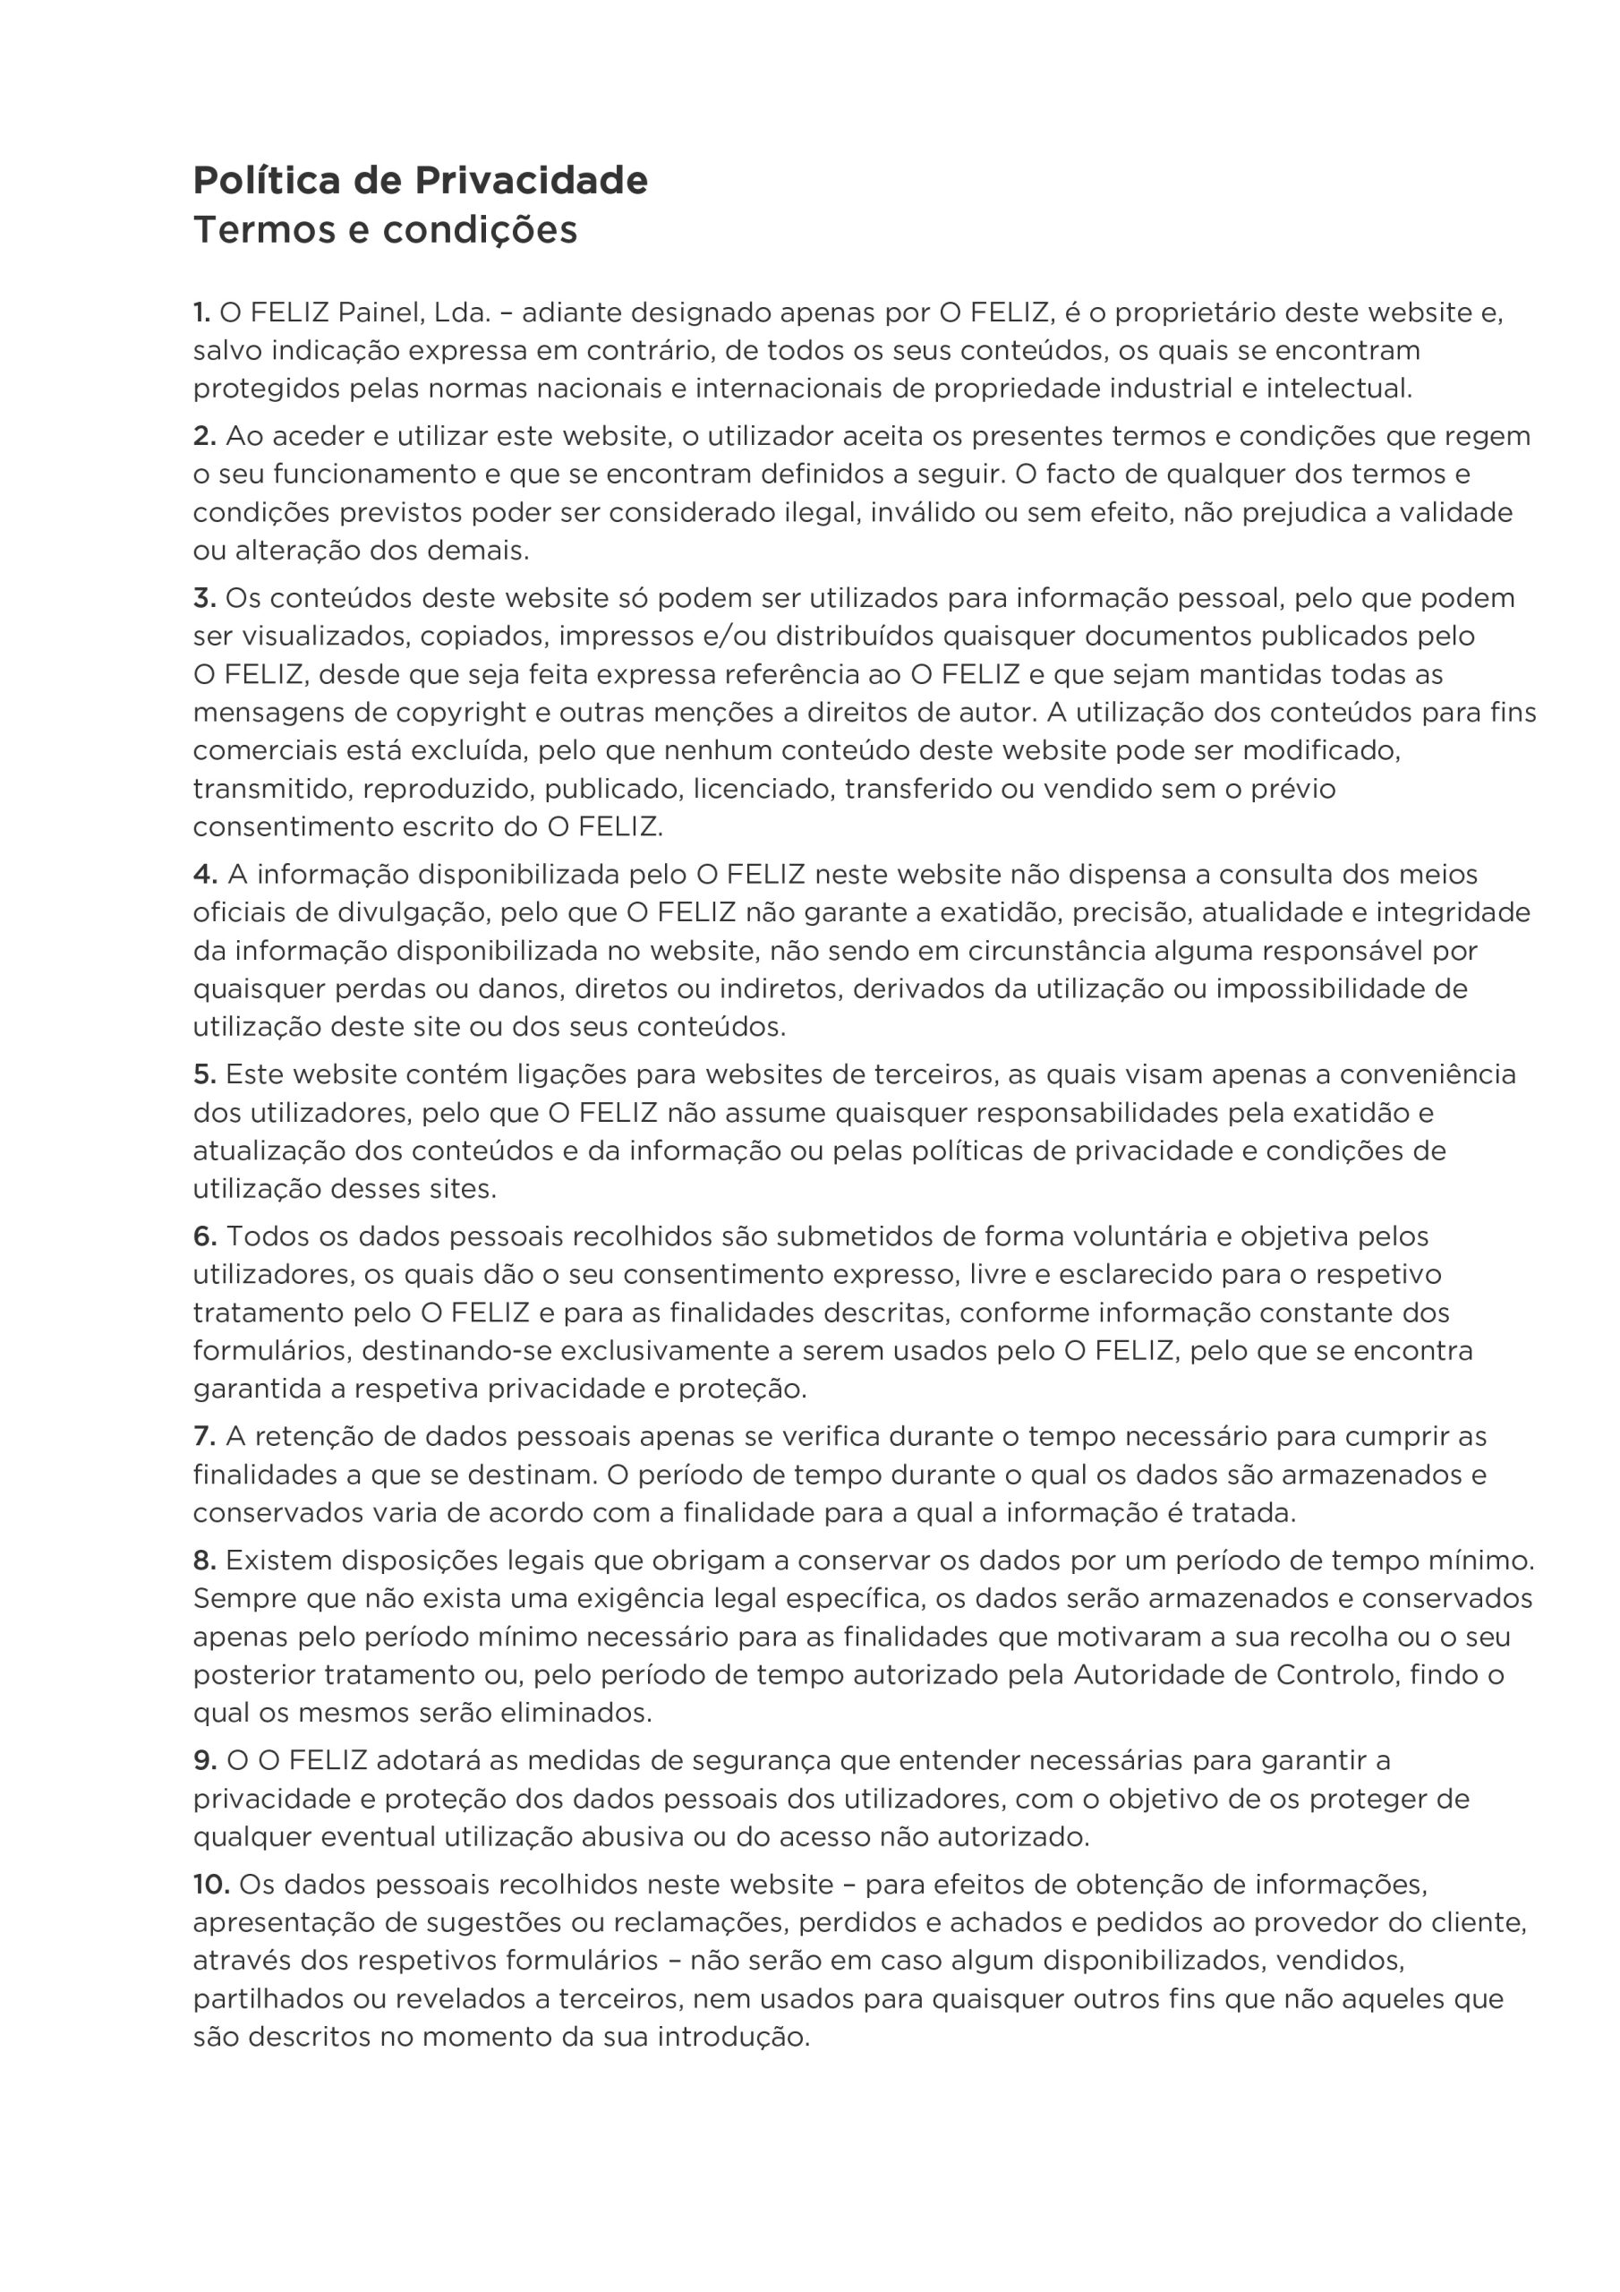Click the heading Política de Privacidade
pos(421,181)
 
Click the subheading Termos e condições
pos(385,231)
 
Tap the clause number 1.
pos(201,313)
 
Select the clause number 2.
pos(205,436)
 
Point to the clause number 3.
pos(205,599)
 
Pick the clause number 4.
pos(206,876)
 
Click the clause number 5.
pos(205,1075)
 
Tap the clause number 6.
pos(205,1236)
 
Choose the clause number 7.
pos(205,1438)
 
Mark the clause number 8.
pos(205,1561)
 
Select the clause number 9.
pos(205,1761)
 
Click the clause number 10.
pos(211,1885)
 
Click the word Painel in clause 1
pos(380,313)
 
